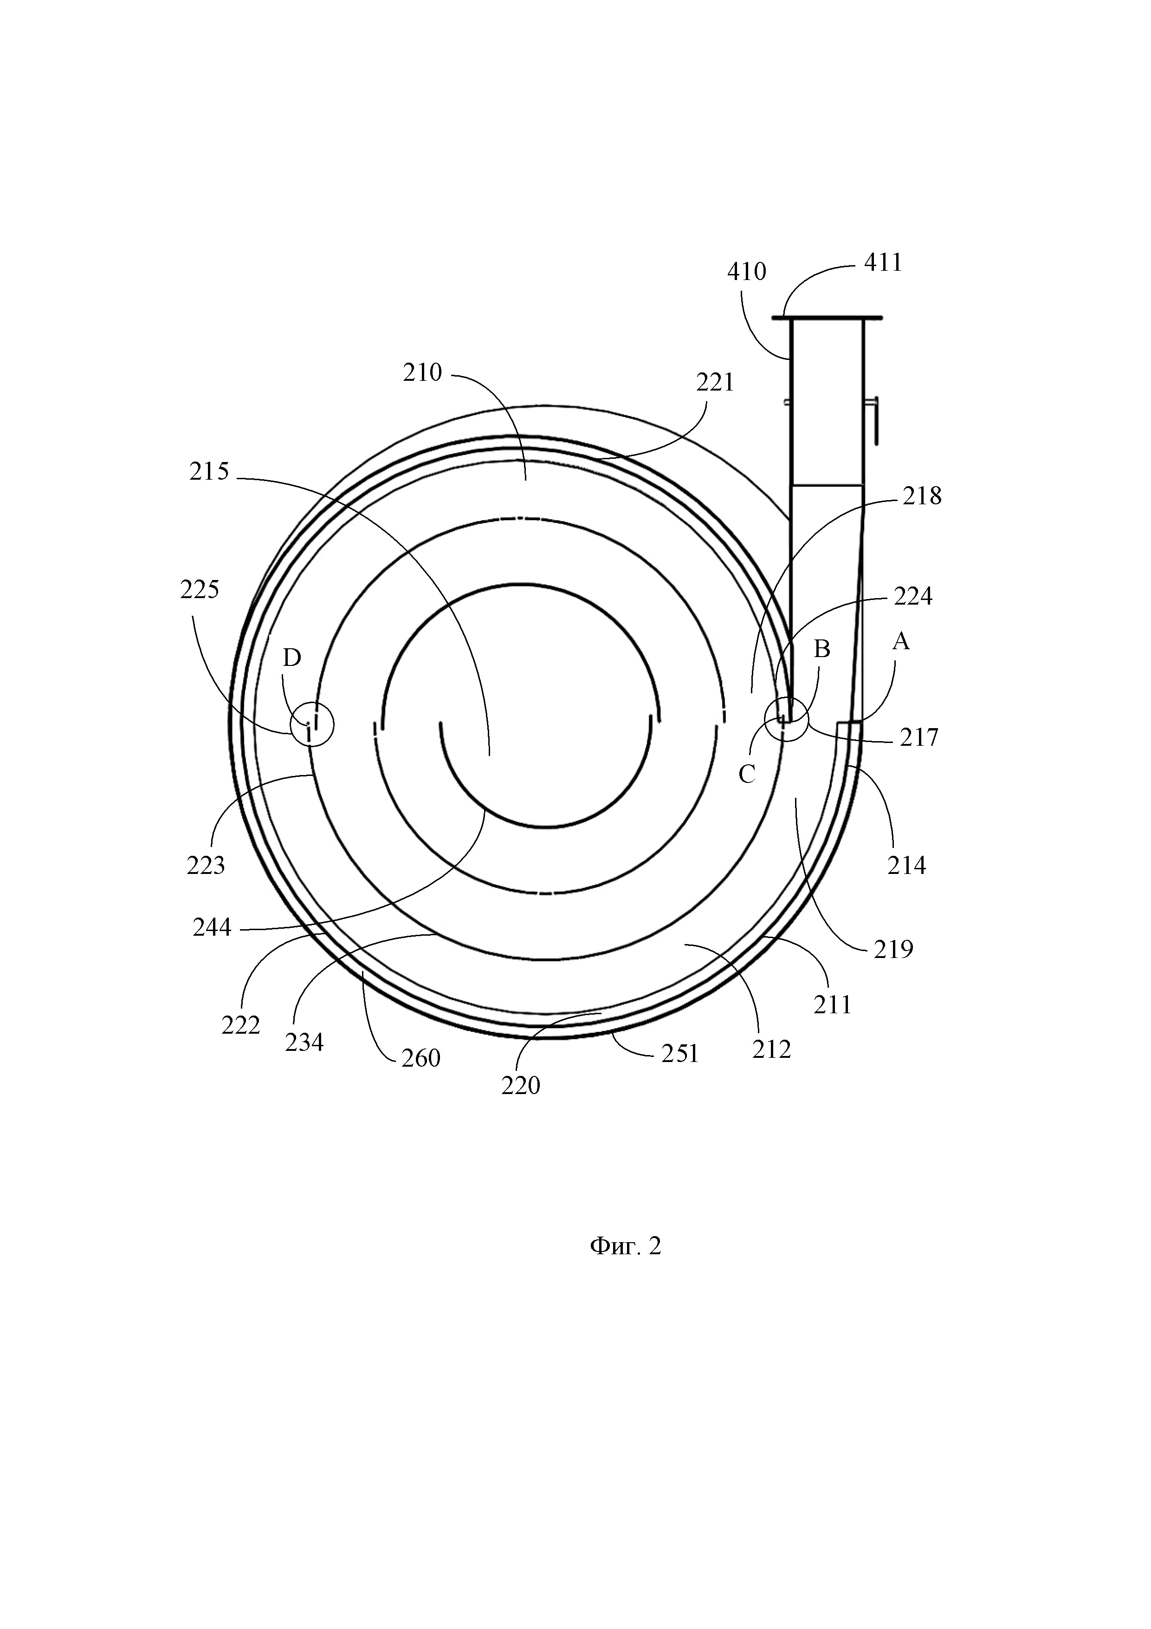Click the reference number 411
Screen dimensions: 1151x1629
point(883,263)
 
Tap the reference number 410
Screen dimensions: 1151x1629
point(747,272)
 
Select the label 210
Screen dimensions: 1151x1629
point(423,373)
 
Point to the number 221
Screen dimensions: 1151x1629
point(715,383)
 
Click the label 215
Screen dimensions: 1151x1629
point(209,472)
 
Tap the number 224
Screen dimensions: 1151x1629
point(913,597)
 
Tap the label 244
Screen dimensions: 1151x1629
point(212,927)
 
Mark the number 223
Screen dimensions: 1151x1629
point(206,866)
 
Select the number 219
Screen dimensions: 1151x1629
point(893,949)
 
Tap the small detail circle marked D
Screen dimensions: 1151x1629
point(310,724)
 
